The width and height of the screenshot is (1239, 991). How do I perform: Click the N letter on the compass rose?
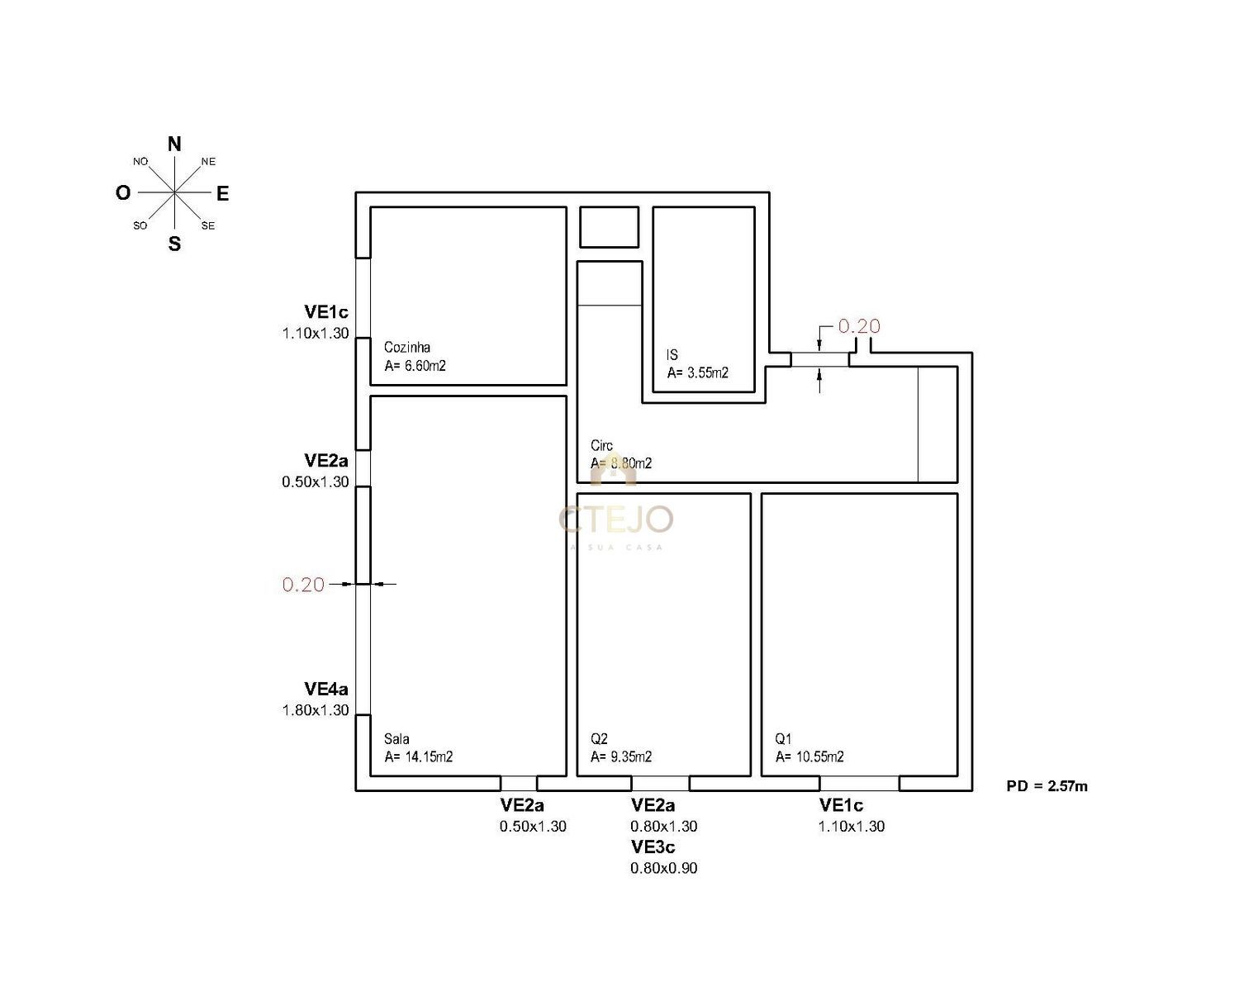point(174,144)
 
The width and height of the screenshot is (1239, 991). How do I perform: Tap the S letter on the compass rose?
point(174,244)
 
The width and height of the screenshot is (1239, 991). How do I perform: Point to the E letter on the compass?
point(223,193)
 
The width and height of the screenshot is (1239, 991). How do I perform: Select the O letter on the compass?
point(123,193)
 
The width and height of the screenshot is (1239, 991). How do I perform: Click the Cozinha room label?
point(407,347)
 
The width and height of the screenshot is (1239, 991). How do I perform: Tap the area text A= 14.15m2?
point(419,756)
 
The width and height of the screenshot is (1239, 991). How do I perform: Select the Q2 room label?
point(600,739)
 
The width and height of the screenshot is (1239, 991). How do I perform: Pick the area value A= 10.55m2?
point(809,756)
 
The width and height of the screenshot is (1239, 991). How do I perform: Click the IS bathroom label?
point(672,355)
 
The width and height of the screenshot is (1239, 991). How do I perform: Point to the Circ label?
point(601,445)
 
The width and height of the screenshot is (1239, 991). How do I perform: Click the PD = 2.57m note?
point(1047,786)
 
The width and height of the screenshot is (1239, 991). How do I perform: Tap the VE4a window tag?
point(326,689)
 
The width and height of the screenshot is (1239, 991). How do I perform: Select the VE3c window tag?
point(653,847)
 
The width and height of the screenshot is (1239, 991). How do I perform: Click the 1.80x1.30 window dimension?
point(316,710)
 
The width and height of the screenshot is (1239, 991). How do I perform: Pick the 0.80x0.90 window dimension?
point(664,868)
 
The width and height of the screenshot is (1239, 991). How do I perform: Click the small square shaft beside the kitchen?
point(609,227)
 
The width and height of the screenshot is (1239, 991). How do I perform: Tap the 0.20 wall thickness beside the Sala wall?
point(303,585)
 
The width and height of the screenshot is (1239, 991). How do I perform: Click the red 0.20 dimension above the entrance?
point(859,326)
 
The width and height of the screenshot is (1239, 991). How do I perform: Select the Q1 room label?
point(784,739)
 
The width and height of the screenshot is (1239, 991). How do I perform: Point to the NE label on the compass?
point(208,162)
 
